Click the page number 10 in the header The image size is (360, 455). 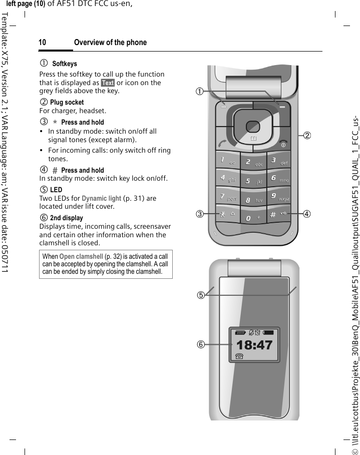(43, 43)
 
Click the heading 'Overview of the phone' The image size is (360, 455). (110, 43)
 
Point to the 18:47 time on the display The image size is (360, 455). (254, 331)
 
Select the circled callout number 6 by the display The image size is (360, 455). (200, 330)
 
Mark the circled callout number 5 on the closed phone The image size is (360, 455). (200, 295)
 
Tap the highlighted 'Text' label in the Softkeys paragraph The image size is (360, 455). (108, 83)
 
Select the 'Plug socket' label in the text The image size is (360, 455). (67, 102)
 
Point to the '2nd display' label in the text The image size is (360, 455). (67, 218)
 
